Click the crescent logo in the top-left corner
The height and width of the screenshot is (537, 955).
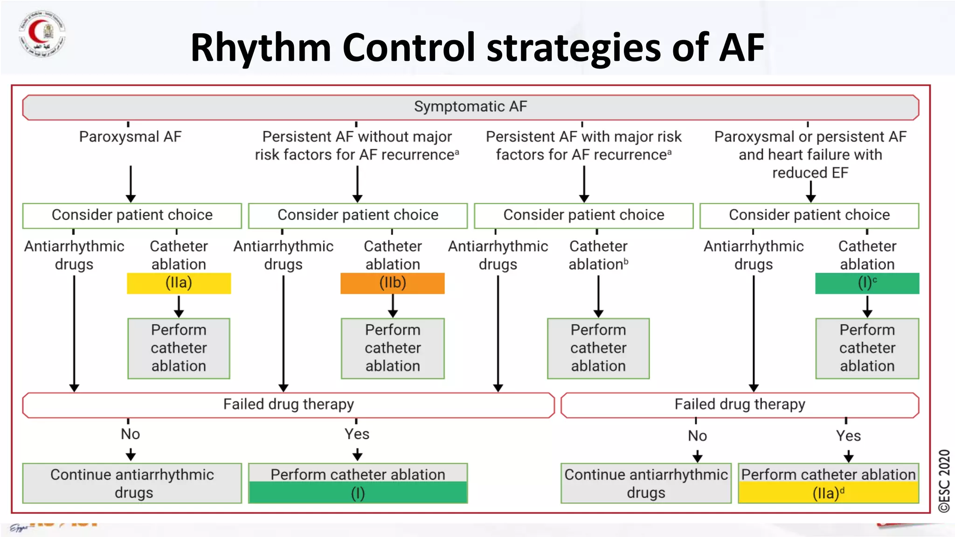coord(42,34)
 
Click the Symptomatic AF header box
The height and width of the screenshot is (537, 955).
coord(471,107)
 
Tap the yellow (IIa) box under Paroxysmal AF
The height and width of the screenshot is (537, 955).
coord(179,283)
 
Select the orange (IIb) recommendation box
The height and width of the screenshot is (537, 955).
coord(392,283)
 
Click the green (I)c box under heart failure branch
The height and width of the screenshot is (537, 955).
coord(867,283)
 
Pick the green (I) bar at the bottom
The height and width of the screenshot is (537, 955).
coord(358,493)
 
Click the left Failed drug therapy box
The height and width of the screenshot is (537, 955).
coord(288,405)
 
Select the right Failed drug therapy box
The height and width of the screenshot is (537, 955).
coord(740,405)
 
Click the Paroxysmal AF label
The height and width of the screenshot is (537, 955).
coord(130,137)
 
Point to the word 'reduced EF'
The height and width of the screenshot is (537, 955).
coord(810,173)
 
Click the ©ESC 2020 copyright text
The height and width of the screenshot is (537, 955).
coord(944,481)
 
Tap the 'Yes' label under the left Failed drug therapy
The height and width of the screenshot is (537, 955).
coord(357,434)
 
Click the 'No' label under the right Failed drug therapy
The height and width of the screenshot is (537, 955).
coord(697,436)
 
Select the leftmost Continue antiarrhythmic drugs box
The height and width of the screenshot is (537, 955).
coord(132,483)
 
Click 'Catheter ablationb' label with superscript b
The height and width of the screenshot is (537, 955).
coord(598,255)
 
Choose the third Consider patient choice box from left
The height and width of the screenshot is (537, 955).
coord(583,215)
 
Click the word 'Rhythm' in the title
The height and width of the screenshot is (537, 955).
coord(261,48)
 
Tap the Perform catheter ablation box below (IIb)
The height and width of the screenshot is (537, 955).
coord(393,348)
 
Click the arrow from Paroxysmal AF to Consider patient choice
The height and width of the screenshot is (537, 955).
coord(131,184)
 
